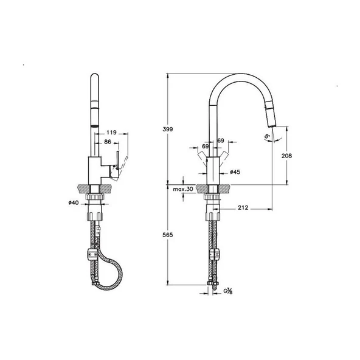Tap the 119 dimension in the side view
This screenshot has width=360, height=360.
(111, 131)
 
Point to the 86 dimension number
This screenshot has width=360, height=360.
(108, 141)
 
